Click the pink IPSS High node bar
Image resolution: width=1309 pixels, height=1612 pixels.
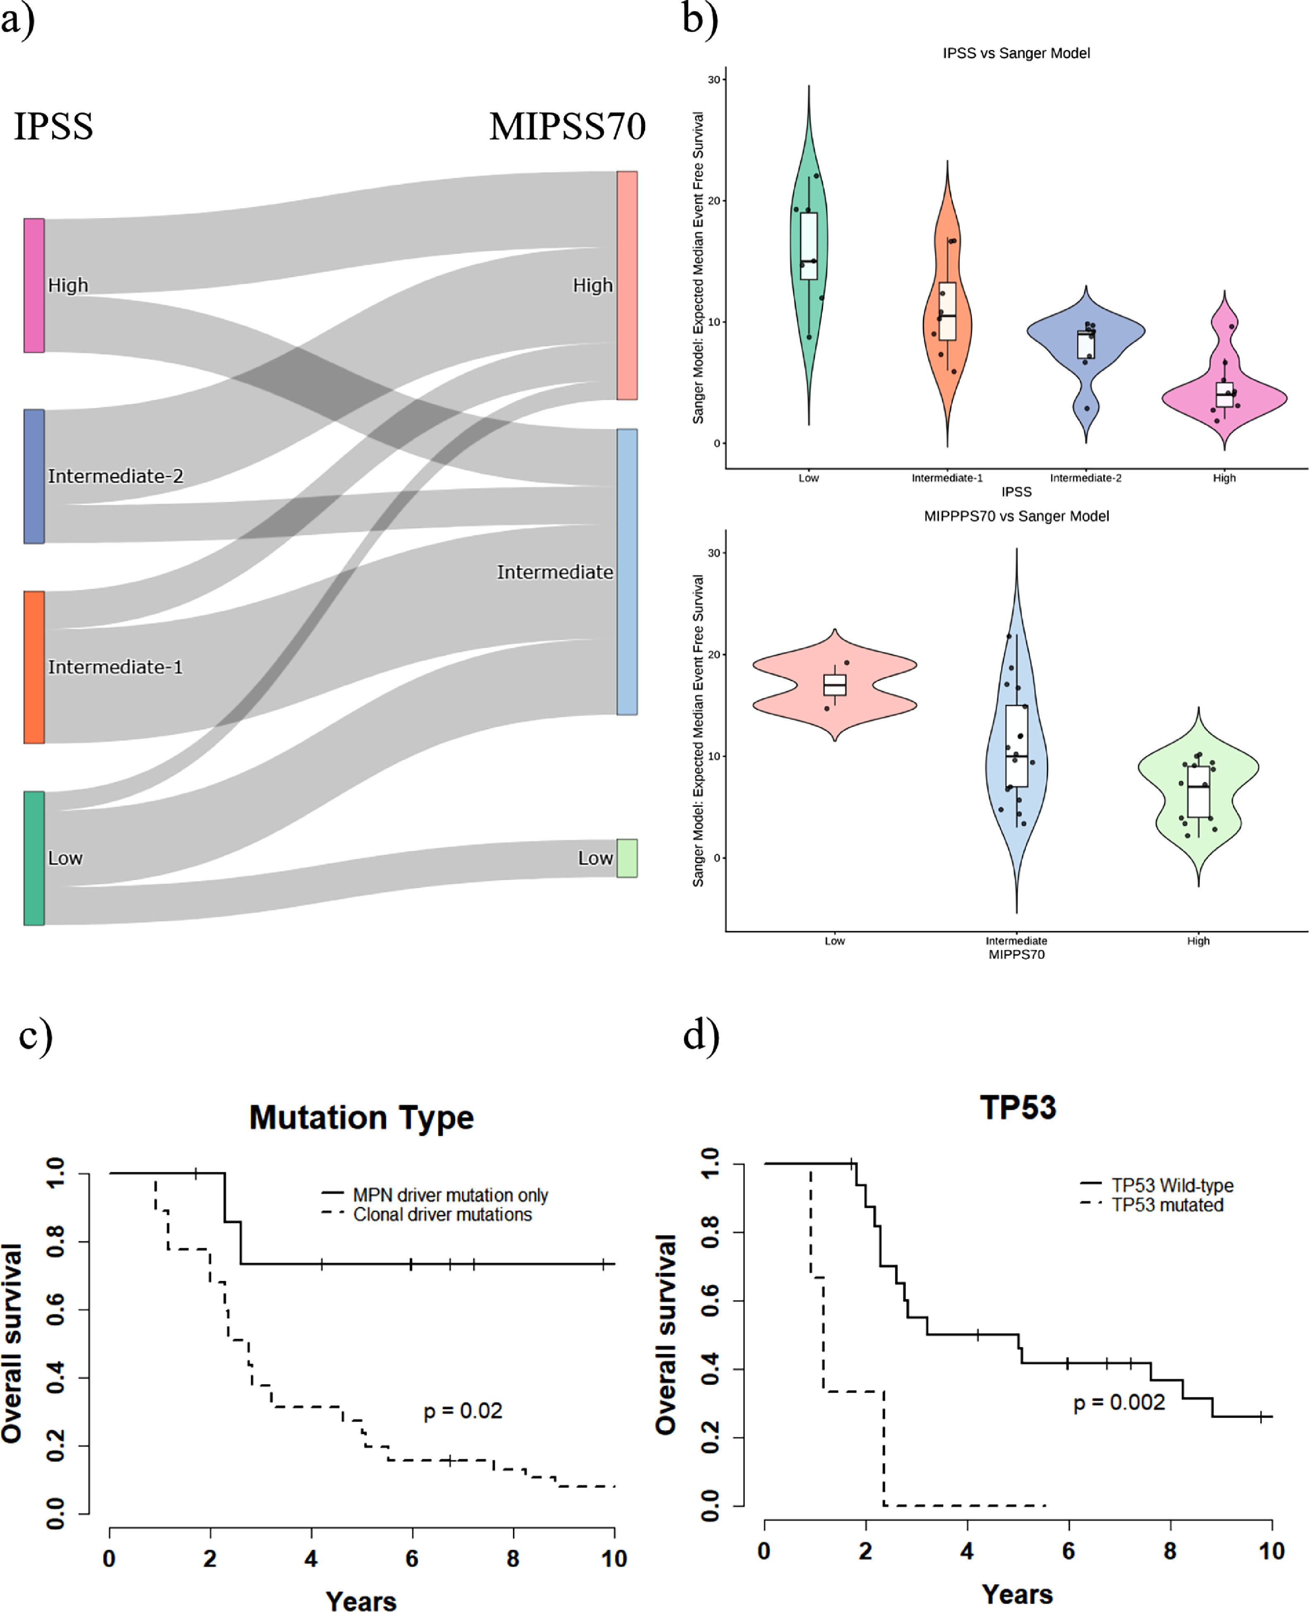click(x=34, y=285)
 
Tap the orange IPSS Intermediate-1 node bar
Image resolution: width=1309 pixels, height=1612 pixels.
click(x=34, y=667)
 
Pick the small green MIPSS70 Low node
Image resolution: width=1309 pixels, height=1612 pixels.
click(x=627, y=858)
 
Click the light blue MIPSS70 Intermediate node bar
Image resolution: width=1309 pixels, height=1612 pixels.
click(x=627, y=572)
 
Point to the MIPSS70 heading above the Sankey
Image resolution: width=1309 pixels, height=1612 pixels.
click(x=567, y=126)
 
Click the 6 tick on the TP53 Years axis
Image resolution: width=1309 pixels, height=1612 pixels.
click(x=1069, y=1551)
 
